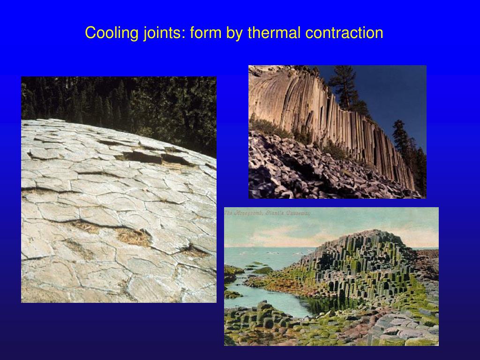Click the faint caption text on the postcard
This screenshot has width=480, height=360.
tap(267, 214)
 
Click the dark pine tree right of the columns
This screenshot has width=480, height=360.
tap(401, 136)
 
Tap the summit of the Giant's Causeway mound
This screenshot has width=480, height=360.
tap(370, 234)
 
